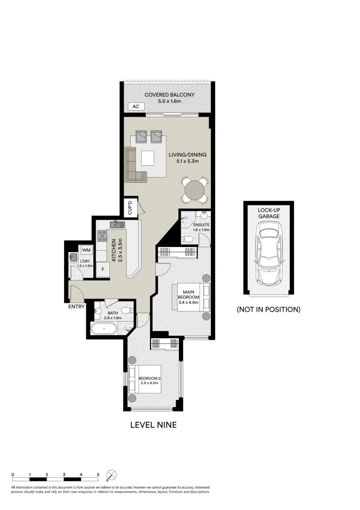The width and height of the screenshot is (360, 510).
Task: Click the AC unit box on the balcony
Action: (136, 107)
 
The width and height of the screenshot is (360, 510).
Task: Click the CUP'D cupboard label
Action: (130, 208)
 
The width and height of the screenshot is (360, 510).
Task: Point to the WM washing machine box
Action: (86, 250)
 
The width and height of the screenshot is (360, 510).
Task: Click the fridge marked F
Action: (103, 269)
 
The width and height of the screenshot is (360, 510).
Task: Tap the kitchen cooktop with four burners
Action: (102, 235)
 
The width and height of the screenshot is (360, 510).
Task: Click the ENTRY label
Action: (76, 306)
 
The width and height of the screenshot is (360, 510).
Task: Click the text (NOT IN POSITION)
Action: (268, 310)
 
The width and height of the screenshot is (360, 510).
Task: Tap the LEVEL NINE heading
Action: (153, 425)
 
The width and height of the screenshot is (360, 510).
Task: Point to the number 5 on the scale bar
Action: (98, 474)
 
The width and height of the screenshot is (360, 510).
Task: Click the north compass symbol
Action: (112, 475)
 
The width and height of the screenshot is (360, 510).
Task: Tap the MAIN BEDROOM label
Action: (192, 294)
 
